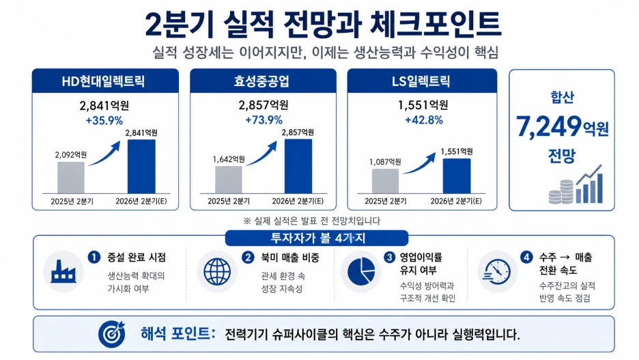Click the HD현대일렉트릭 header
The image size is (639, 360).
[x=103, y=81]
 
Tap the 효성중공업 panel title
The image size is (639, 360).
[x=261, y=81]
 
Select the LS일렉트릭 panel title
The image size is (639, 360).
[x=421, y=81]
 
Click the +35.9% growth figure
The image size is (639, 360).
[x=104, y=121]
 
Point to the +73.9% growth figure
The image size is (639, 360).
[x=264, y=120]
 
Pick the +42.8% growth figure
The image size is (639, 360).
[x=424, y=120]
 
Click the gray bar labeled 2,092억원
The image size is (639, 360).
[x=71, y=178]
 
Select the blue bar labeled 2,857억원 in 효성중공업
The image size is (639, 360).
[x=298, y=166]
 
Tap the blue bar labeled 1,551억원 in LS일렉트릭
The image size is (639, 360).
[x=457, y=176]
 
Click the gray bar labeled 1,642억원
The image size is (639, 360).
[x=229, y=180]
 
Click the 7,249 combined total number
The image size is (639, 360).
[x=548, y=126]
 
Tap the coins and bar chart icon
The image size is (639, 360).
[x=576, y=184]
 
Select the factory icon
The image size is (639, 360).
[x=63, y=271]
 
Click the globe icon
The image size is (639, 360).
[x=217, y=272]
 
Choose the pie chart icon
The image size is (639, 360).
[x=361, y=271]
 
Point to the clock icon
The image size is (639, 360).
[x=497, y=271]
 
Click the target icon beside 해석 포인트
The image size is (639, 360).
[x=111, y=334]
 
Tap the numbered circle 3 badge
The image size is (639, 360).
[x=390, y=258]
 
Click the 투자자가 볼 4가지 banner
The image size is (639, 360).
[x=317, y=238]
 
